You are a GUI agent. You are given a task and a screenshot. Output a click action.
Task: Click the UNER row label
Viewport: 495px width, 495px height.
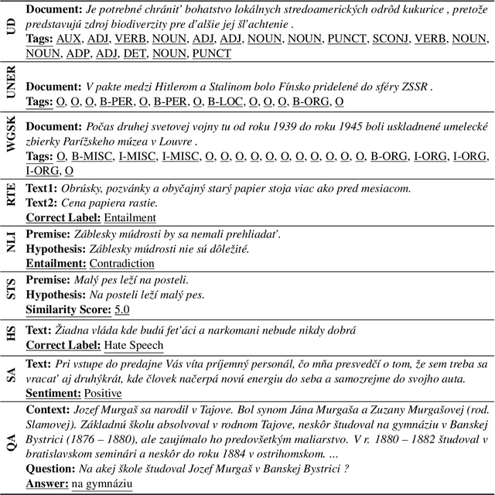click(x=10, y=90)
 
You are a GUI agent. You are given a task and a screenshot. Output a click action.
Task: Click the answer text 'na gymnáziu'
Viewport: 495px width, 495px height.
click(x=103, y=484)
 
